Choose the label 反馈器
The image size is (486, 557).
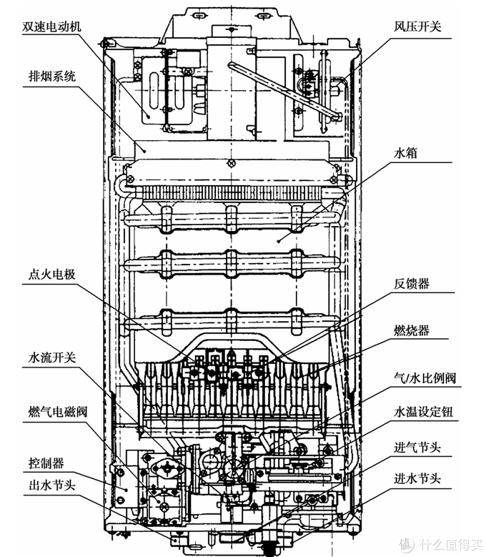pyautogui.click(x=412, y=284)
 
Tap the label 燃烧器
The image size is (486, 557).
pyautogui.click(x=412, y=330)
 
